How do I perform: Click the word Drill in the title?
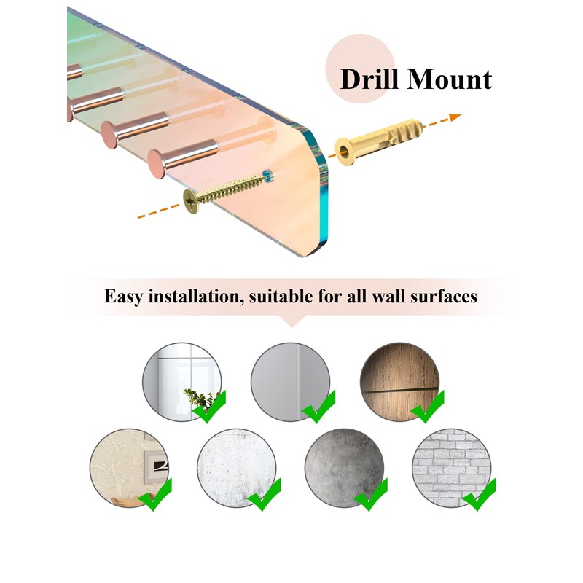coord(369,79)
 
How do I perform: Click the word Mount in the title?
coord(449,79)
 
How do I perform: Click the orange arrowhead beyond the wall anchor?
coord(455,117)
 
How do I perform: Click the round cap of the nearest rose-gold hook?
coord(157,163)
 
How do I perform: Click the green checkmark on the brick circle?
coord(480,495)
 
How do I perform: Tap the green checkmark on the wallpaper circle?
coord(156,495)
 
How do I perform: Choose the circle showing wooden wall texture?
coord(399,382)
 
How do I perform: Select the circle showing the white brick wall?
coord(451,468)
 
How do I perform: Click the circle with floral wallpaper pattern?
coord(129,468)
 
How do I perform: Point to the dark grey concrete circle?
coord(344,468)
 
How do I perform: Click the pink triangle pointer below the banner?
coord(292,321)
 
